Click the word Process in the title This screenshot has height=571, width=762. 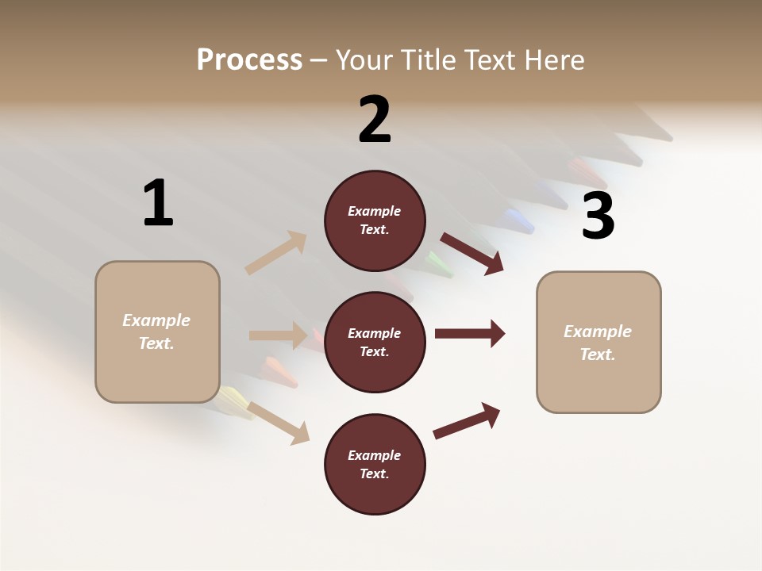point(249,60)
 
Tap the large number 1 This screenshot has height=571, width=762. point(158,203)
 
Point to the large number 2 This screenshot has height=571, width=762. point(375,120)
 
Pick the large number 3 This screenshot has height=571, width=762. point(598,217)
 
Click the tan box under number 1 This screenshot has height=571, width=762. point(157,331)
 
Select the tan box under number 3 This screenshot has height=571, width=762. point(598,342)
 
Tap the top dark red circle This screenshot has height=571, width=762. point(375,220)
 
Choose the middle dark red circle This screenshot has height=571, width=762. point(375,342)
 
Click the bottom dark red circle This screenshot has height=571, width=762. point(375,464)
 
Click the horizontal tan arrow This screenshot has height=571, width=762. point(278,335)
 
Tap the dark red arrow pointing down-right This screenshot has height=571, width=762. point(472,253)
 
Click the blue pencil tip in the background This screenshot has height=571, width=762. point(518,217)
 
